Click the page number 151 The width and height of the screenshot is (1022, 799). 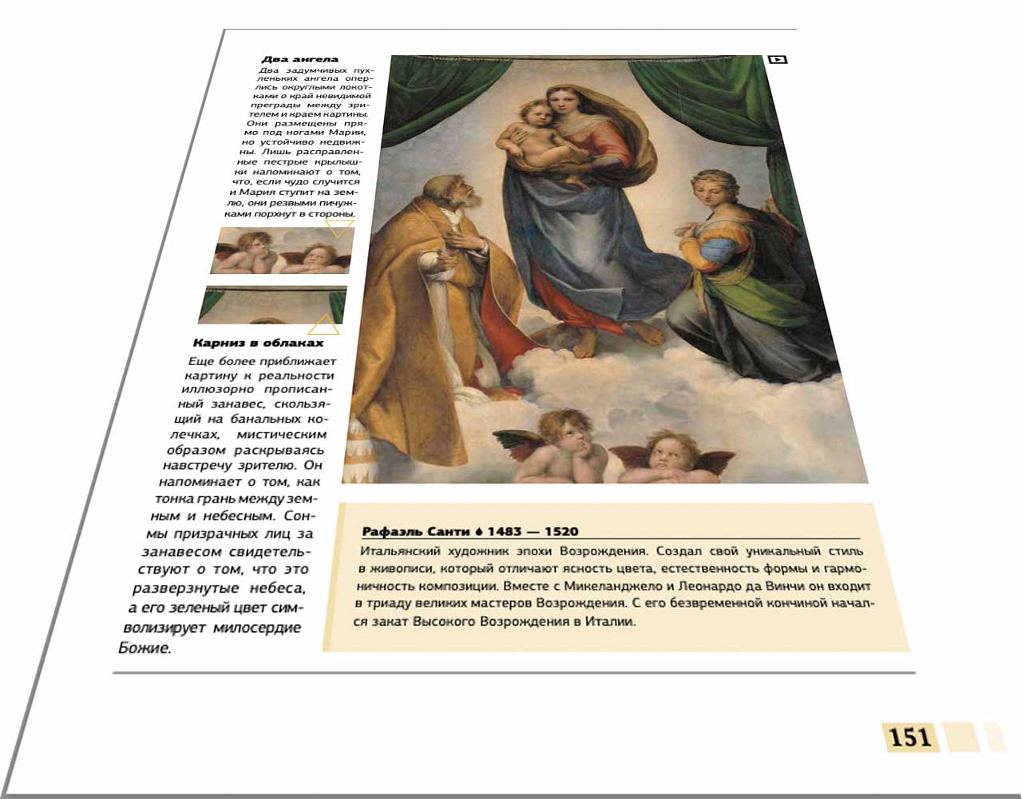coord(910,736)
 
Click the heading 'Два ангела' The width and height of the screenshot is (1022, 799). coord(300,59)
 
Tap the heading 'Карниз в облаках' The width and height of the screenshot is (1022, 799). coord(258,343)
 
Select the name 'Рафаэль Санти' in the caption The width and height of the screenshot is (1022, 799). coord(416,531)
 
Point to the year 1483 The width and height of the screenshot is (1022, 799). coord(505,531)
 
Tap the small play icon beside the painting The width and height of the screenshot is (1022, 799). coord(777,60)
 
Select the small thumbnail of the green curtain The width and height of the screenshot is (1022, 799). coord(274,305)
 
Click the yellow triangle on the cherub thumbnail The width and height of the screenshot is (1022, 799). coord(339,229)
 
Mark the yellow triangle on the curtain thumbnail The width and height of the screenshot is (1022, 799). coord(323,325)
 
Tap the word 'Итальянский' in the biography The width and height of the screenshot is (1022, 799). coord(395,552)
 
